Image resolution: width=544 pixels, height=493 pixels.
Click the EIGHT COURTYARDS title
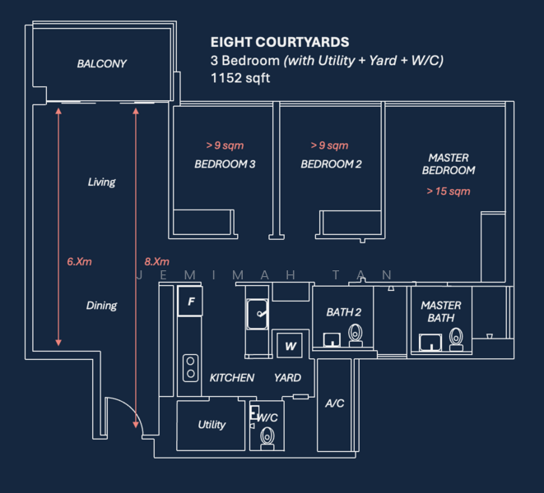280,42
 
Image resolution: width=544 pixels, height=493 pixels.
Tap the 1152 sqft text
240,79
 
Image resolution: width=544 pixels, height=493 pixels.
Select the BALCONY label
102,63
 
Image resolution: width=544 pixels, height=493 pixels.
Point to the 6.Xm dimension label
79,261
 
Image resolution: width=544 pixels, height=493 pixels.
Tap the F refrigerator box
191,302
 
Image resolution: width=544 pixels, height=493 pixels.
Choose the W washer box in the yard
291,347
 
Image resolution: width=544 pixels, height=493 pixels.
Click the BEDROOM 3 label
225,164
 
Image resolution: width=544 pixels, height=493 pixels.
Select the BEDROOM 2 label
331,164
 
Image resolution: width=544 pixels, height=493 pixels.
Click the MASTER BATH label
441,311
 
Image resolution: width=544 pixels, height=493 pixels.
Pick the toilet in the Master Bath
456,339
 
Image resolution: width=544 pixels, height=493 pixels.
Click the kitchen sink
258,313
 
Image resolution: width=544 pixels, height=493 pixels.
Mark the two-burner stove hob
191,366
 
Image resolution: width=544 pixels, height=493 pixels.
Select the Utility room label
212,425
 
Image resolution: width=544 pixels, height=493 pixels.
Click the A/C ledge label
334,403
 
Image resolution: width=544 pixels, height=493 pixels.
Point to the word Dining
101,306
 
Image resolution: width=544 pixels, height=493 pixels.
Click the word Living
101,182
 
